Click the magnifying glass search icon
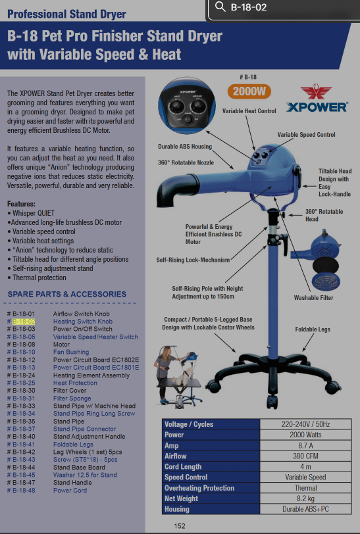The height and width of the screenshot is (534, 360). (220, 7)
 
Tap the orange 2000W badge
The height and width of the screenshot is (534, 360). (249, 91)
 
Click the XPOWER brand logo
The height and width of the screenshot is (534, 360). (317, 99)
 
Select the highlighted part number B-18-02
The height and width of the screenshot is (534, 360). (24, 322)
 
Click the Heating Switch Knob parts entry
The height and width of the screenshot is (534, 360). (83, 322)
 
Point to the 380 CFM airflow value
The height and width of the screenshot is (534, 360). (305, 456)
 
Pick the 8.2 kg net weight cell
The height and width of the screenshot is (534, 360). (305, 498)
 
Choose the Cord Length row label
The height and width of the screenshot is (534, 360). (183, 466)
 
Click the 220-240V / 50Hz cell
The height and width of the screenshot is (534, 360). (305, 424)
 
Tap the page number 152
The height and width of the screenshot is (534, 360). (180, 526)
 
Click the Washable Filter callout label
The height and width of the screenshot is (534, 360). (314, 298)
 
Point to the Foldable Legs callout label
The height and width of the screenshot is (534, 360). (313, 329)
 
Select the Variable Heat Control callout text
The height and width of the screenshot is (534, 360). (249, 110)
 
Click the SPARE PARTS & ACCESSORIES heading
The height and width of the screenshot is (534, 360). (67, 294)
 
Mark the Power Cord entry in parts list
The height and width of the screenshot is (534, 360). (70, 491)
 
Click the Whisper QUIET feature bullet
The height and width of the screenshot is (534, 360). (31, 213)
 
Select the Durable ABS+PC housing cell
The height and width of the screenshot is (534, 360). (305, 509)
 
